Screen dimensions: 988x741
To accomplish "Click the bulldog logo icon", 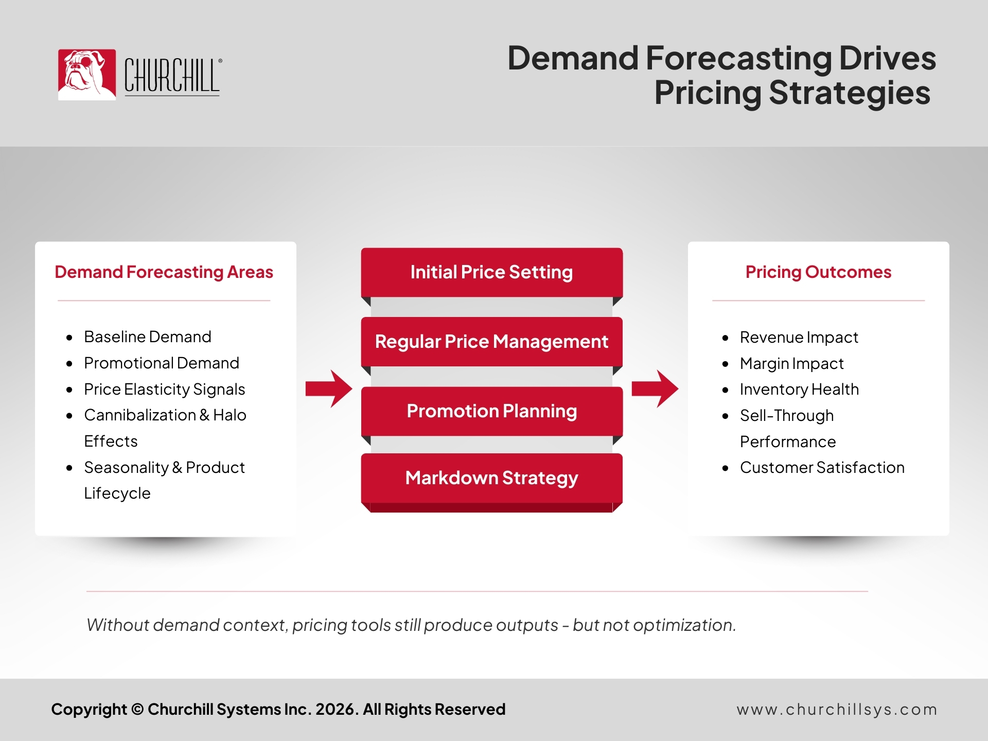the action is [x=87, y=75].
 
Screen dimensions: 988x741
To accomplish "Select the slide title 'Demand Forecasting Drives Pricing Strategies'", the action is [x=721, y=75].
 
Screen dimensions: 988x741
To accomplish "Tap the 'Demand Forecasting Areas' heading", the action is [x=164, y=272].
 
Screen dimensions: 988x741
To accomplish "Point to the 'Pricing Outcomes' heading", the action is [x=818, y=272].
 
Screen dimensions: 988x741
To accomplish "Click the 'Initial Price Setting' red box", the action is [x=492, y=272].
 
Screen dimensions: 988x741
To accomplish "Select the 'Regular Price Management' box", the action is [x=492, y=342].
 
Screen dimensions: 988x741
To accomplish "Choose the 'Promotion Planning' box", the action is [x=492, y=411].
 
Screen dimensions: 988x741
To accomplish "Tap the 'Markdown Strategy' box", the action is [x=492, y=478].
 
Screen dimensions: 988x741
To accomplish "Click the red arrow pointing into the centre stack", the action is [x=329, y=389].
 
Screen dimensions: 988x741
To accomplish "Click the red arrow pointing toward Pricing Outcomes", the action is [x=655, y=389].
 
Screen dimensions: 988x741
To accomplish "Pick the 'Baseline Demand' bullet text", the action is [x=148, y=337].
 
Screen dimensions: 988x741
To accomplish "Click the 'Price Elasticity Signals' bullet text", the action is [x=165, y=390].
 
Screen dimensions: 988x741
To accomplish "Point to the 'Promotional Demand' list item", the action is [x=162, y=363].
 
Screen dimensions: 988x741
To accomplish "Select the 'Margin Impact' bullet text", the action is [x=792, y=364].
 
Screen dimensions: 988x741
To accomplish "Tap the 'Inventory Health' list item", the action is [x=800, y=390].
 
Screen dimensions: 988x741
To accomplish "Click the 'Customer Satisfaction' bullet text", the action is [x=822, y=467].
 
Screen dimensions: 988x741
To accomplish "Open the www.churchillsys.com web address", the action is [x=837, y=710].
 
